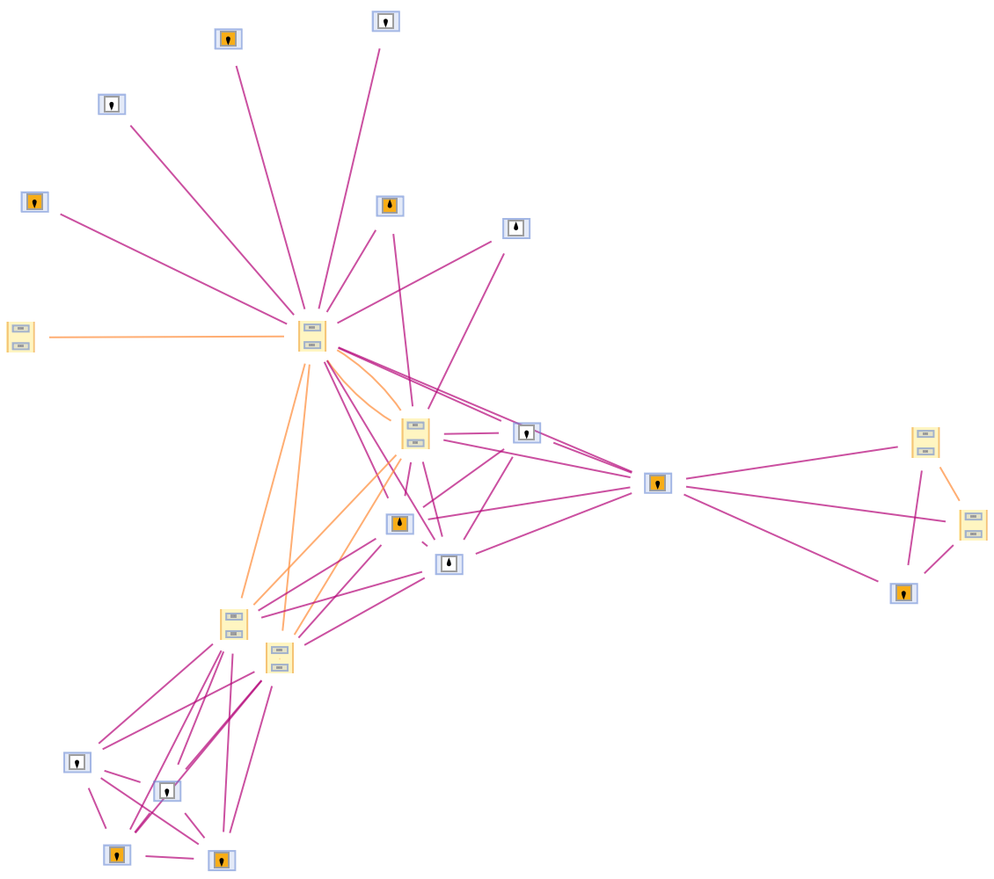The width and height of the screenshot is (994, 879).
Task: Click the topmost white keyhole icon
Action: coord(385,22)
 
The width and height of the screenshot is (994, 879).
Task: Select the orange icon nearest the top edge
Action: coord(228,40)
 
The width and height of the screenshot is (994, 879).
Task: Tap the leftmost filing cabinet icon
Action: coord(20,337)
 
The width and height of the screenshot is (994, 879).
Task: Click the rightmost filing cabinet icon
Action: coord(973,525)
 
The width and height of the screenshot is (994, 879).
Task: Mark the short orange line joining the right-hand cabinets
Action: coord(949,483)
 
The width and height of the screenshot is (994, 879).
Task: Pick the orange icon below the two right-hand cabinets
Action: coord(903,593)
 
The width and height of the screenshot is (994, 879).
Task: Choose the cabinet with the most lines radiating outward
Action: coord(312,336)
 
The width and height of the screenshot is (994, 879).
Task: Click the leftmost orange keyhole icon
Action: coord(34,202)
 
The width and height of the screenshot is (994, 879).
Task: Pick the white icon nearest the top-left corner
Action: coord(112,105)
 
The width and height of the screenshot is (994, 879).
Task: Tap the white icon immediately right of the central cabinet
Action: coord(527,432)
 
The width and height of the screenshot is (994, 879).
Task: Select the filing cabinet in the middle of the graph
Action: coord(415,433)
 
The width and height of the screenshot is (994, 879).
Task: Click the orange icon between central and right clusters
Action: coord(658,483)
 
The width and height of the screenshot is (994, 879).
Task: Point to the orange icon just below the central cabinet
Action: coord(399,524)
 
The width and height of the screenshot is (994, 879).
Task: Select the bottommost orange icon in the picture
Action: coord(222,861)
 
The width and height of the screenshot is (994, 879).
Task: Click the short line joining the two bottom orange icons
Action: coord(170,857)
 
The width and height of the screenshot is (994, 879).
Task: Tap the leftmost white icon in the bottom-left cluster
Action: coord(77,762)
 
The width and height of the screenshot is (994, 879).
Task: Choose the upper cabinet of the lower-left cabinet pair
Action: coord(234,624)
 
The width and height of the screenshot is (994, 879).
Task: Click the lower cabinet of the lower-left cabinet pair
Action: coord(280,657)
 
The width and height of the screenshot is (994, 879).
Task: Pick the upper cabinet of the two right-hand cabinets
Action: coord(925,442)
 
